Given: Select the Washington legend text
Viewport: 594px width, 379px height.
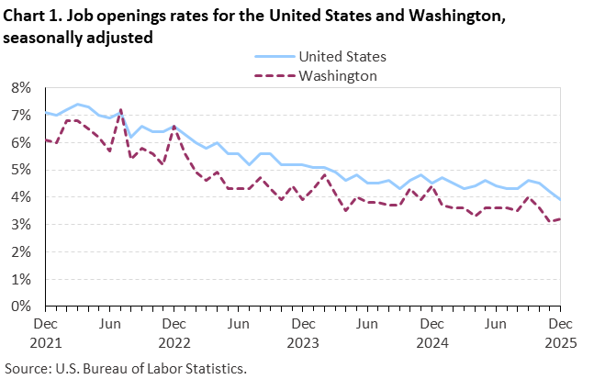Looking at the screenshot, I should click(x=338, y=75).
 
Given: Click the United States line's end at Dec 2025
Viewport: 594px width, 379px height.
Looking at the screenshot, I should click(x=560, y=199).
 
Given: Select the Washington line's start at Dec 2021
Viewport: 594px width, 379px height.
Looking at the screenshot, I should click(x=46, y=140).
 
